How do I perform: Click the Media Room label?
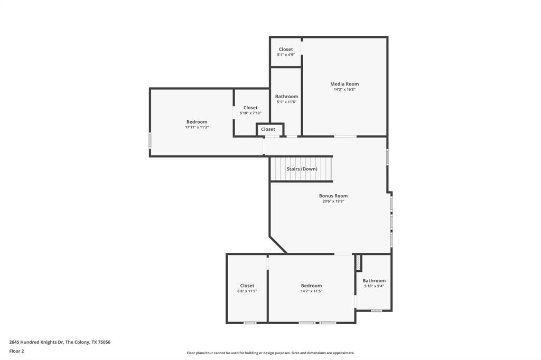[344, 84]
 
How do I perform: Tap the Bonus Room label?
[333, 196]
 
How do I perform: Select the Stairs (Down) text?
[302, 169]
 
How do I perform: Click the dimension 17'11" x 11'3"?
[197, 127]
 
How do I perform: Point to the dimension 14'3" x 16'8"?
[344, 90]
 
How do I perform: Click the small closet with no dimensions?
[268, 129]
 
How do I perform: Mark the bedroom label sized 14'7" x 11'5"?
[311, 286]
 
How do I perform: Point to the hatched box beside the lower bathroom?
[358, 262]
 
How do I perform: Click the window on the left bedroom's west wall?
[150, 140]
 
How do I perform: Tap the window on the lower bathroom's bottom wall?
[376, 310]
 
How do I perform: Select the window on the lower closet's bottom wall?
[250, 323]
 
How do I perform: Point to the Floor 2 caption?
[16, 351]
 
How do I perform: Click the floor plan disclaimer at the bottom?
[270, 353]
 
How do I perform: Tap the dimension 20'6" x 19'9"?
[333, 201]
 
